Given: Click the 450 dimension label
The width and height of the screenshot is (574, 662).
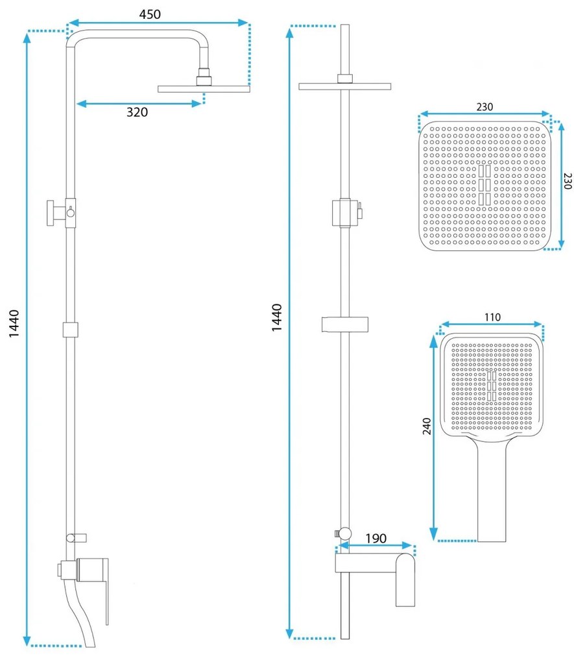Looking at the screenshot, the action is [x=150, y=14].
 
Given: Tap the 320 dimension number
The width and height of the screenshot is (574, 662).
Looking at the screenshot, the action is [x=137, y=112].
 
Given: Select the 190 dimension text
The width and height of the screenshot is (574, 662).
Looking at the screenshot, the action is [x=376, y=538].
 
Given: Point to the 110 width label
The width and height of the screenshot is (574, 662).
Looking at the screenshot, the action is [x=492, y=317].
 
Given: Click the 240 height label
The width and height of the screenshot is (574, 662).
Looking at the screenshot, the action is [x=427, y=426].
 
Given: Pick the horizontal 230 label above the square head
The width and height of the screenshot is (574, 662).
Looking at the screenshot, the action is [x=484, y=107].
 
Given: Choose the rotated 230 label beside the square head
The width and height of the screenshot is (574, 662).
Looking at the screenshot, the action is [x=568, y=180].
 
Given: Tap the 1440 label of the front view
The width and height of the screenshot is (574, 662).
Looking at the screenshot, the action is [x=276, y=317].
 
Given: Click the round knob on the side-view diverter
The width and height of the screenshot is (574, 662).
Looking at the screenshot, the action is [x=51, y=214].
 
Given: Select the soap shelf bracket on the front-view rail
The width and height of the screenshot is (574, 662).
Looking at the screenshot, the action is [x=345, y=323].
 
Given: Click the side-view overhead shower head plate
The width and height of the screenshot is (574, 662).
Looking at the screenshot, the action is [x=204, y=89].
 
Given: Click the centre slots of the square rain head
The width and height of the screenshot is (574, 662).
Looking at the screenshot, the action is [x=484, y=185].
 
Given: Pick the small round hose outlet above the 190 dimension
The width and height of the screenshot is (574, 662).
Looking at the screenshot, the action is [x=345, y=533].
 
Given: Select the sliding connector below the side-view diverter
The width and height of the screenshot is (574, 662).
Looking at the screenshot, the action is [x=71, y=330].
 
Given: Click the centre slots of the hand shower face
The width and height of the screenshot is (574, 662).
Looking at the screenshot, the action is [x=491, y=386].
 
